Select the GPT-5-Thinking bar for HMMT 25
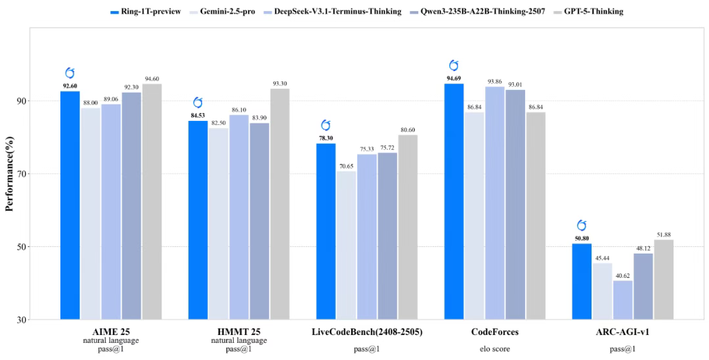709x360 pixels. point(280,204)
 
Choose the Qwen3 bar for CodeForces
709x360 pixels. point(515,204)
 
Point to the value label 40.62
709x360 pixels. point(622,275)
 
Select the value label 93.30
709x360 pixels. point(280,83)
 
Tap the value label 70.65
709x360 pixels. point(347,166)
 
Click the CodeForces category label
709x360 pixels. point(494,332)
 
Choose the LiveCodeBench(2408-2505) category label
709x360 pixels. point(367,332)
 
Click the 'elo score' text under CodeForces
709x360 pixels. point(494,349)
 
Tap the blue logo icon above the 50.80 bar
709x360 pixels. point(582,225)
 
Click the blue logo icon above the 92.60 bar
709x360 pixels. point(70,73)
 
